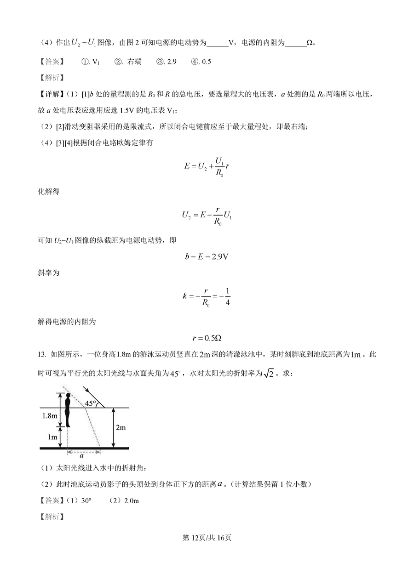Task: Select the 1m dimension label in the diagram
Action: [x=53, y=436]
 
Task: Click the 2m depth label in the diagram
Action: [x=120, y=427]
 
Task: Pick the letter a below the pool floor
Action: [x=81, y=456]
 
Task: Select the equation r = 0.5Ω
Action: [x=207, y=338]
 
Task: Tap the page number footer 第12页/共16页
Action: [x=207, y=537]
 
